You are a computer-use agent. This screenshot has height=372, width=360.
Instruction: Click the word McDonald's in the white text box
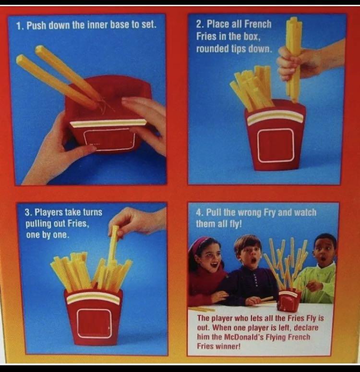click(x=242, y=336)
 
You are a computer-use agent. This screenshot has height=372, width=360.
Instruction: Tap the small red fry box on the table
click(x=289, y=300)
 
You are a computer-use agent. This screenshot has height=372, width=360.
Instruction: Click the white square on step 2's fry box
click(x=275, y=145)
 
